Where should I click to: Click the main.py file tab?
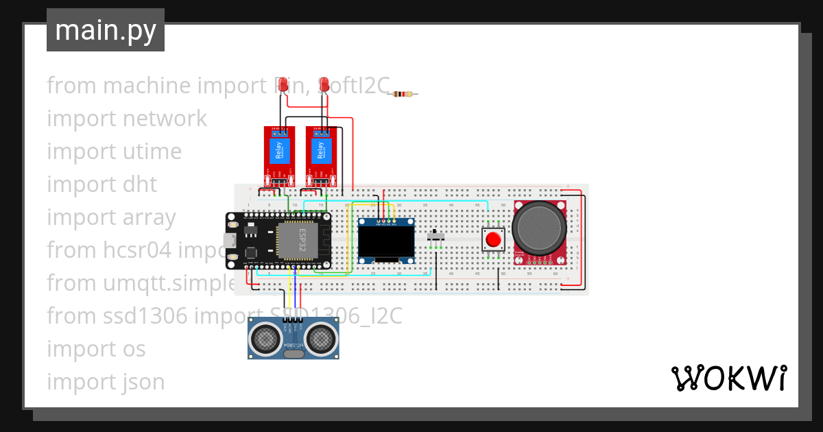click(105, 30)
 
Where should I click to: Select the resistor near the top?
click(403, 94)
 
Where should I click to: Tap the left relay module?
click(279, 156)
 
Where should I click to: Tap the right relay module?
click(320, 156)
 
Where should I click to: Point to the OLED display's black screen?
click(385, 241)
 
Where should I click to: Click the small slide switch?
click(436, 237)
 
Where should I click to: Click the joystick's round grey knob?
click(540, 227)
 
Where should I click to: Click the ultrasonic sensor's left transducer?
click(264, 337)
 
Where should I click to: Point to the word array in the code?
click(146, 217)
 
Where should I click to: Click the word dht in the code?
click(140, 184)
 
